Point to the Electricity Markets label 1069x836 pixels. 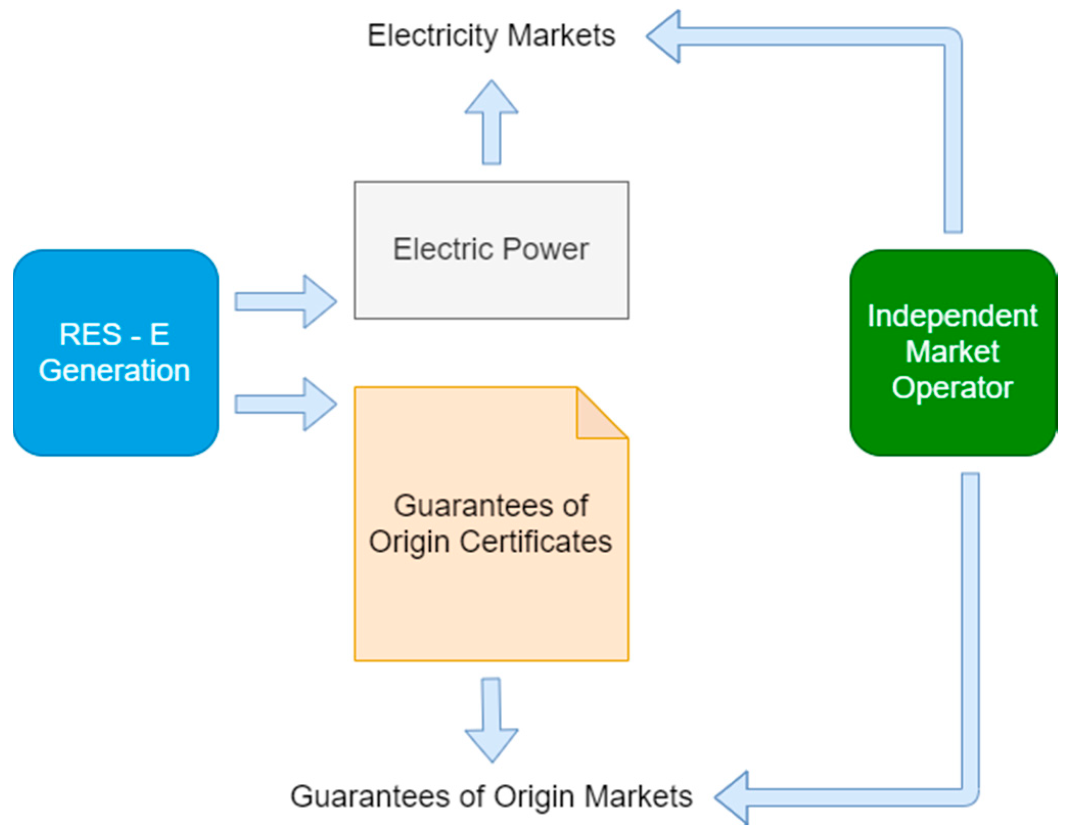coord(491,36)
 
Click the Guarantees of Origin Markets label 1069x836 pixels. coord(491,796)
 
